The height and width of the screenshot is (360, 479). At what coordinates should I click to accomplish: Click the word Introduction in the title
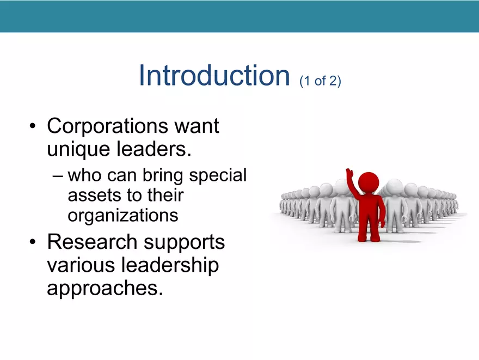pyautogui.click(x=213, y=75)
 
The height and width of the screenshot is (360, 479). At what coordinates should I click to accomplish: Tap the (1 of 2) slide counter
pyautogui.click(x=320, y=81)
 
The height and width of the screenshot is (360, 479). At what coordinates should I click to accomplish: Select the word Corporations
pyautogui.click(x=107, y=126)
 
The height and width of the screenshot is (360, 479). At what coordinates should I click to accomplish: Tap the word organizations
pyautogui.click(x=122, y=215)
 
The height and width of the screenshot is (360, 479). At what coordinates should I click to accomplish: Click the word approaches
pyautogui.click(x=105, y=288)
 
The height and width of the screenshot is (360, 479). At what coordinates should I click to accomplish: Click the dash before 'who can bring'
pyautogui.click(x=59, y=176)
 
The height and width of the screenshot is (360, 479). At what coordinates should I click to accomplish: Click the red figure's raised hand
pyautogui.click(x=349, y=174)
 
